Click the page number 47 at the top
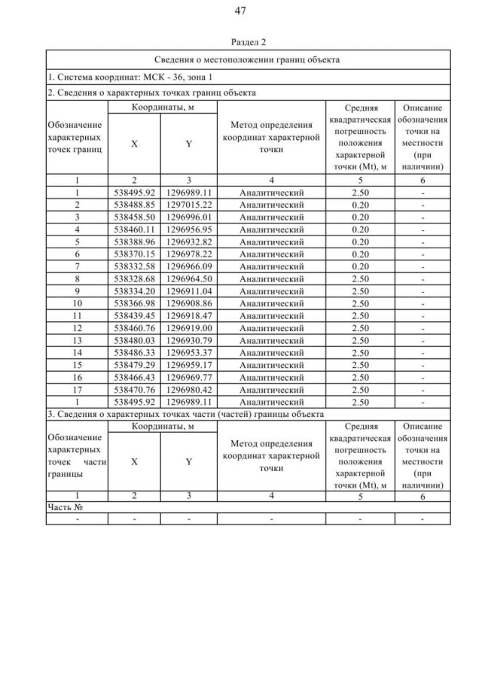pos(241,11)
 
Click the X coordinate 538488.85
pos(133,204)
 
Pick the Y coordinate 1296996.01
pos(188,216)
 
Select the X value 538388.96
pos(133,241)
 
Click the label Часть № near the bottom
pos(64,506)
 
